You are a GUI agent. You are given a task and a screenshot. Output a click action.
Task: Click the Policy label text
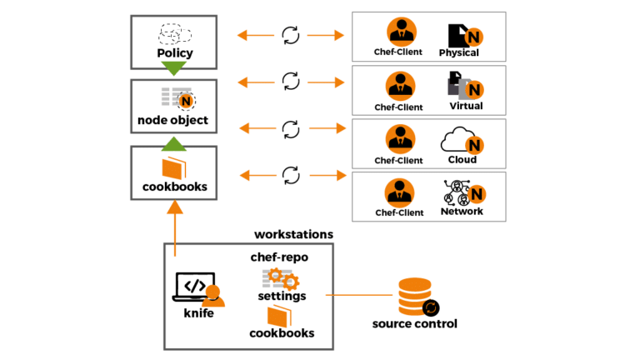coord(174,53)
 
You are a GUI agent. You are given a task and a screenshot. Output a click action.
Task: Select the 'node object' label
coord(173,120)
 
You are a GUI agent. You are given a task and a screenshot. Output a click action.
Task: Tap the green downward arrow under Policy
coord(173,69)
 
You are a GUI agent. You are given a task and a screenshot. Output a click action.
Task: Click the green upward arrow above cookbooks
coord(173,144)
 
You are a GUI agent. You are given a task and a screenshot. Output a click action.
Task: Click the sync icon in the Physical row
coord(290,35)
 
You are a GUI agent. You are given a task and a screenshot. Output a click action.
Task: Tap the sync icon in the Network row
coord(290,174)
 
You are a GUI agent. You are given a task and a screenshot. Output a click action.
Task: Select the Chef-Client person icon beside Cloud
coord(400,138)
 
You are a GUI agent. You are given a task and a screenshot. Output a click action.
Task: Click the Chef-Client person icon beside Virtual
coord(400,86)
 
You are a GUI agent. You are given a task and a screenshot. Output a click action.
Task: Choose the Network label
coord(462,212)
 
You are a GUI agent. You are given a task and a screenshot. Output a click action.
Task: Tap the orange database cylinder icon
coord(414,296)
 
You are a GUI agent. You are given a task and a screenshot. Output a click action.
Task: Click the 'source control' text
coord(414,323)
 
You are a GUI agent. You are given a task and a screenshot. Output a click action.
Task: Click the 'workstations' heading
coord(293,234)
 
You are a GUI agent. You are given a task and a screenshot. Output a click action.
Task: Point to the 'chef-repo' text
coord(279,257)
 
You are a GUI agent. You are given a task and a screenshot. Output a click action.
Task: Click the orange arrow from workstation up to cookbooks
coord(174,229)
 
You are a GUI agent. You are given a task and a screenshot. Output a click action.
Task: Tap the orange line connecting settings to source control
coord(358,295)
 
